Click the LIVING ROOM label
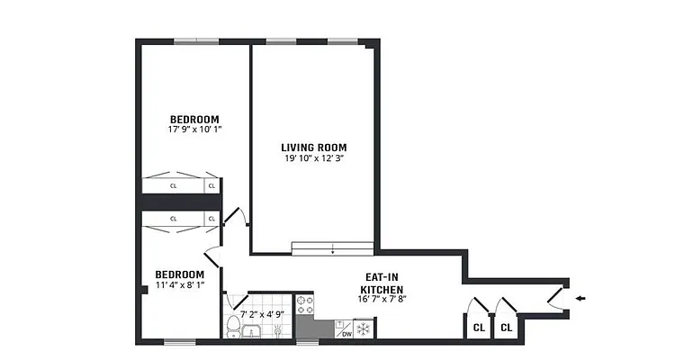[x=313, y=148]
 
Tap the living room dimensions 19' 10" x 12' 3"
[x=313, y=158]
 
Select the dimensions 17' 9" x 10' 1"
[x=194, y=130]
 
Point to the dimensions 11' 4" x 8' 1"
[x=179, y=285]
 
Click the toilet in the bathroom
[x=234, y=325]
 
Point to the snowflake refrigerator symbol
[x=364, y=330]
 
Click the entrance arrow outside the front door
[x=580, y=299]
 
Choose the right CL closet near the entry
[x=506, y=328]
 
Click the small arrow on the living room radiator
[x=332, y=248]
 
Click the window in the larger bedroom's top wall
[x=195, y=40]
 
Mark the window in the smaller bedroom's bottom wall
[x=180, y=342]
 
